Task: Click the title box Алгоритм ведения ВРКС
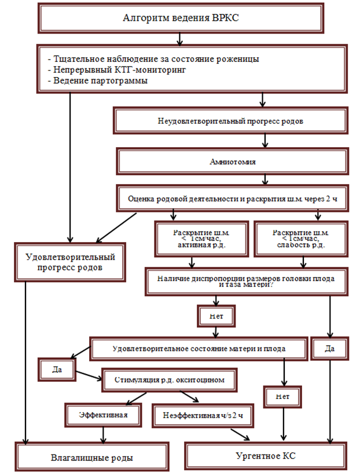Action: pyautogui.click(x=181, y=17)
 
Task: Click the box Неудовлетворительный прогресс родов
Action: pyautogui.click(x=230, y=122)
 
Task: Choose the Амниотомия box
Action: pyautogui.click(x=230, y=162)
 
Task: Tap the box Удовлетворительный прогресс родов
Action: pyautogui.click(x=71, y=262)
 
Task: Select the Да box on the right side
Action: pyautogui.click(x=330, y=349)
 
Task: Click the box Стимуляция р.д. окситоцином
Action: pyautogui.click(x=171, y=380)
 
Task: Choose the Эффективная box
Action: pyautogui.click(x=103, y=415)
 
